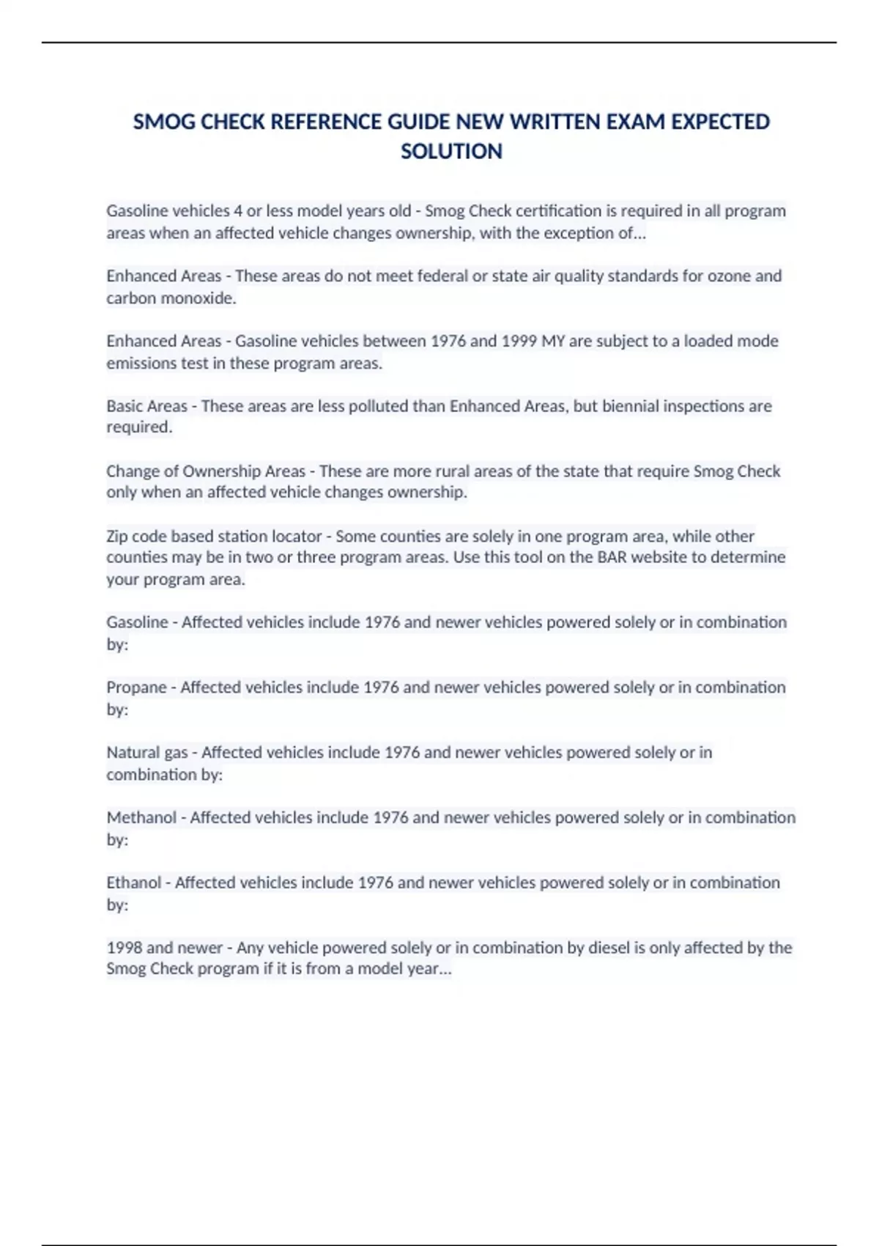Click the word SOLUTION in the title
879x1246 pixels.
coord(451,151)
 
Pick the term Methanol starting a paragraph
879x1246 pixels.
coord(141,817)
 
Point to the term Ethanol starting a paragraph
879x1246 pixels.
coord(134,882)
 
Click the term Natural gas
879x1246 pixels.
coord(147,753)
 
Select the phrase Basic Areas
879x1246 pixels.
coord(146,406)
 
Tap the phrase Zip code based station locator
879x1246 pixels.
coord(214,536)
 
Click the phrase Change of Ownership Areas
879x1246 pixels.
coord(206,471)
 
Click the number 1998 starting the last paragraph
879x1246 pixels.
coord(125,948)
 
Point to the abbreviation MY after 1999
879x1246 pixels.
coord(553,341)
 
